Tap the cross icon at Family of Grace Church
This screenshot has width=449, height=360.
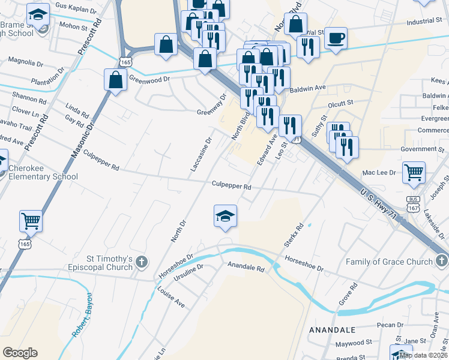click(x=442, y=261)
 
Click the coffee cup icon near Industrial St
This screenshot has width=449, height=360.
click(x=336, y=39)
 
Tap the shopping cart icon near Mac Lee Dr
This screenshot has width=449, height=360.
click(x=414, y=172)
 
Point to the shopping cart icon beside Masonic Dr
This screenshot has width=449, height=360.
click(x=31, y=220)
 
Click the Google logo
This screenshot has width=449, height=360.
click(x=20, y=353)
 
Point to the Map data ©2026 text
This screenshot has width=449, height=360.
click(x=424, y=355)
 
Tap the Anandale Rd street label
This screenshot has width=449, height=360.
click(x=245, y=267)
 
